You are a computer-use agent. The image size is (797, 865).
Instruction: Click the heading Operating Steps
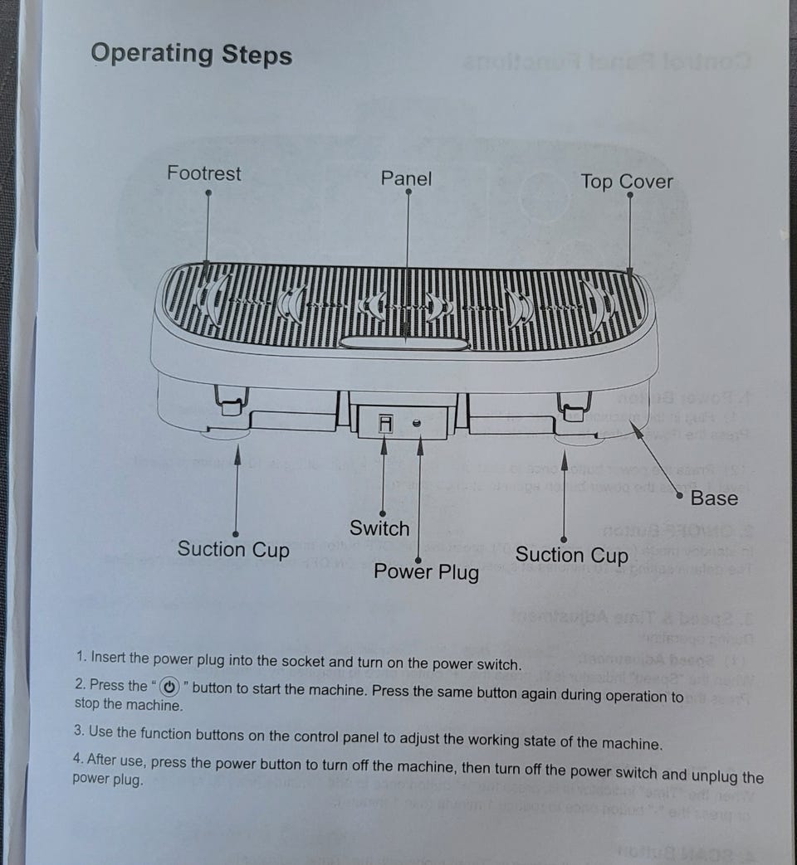[191, 55]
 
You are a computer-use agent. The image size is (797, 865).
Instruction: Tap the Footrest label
[203, 173]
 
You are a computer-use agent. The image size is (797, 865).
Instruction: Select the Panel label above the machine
[406, 178]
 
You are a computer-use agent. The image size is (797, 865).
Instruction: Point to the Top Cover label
[626, 182]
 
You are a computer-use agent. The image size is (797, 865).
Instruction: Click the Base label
[714, 498]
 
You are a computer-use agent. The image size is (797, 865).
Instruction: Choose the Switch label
[379, 528]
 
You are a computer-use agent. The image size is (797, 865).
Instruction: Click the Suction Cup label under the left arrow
[233, 550]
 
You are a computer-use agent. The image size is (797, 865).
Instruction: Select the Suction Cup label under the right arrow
[572, 555]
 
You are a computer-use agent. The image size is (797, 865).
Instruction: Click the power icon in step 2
[169, 687]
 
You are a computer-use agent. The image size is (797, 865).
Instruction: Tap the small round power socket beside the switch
[417, 423]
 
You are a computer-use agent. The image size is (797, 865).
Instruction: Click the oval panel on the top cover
[403, 343]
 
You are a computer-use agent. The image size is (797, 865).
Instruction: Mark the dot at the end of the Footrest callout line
[208, 192]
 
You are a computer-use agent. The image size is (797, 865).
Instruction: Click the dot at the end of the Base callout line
[679, 495]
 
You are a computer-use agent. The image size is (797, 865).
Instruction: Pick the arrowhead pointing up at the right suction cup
[565, 460]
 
